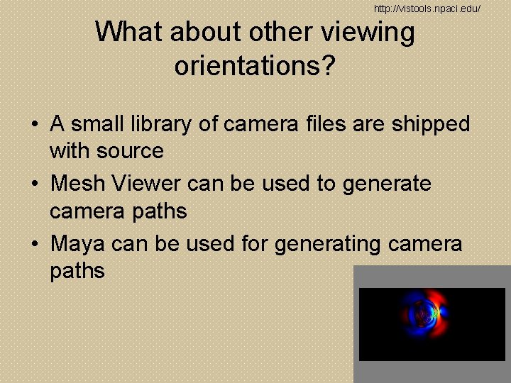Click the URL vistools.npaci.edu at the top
tap(427, 8)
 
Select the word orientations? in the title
tap(255, 66)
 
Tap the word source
tap(131, 151)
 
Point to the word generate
tap(387, 184)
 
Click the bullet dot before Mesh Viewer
tap(35, 184)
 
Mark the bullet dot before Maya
tap(35, 245)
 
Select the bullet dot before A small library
tap(35, 125)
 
